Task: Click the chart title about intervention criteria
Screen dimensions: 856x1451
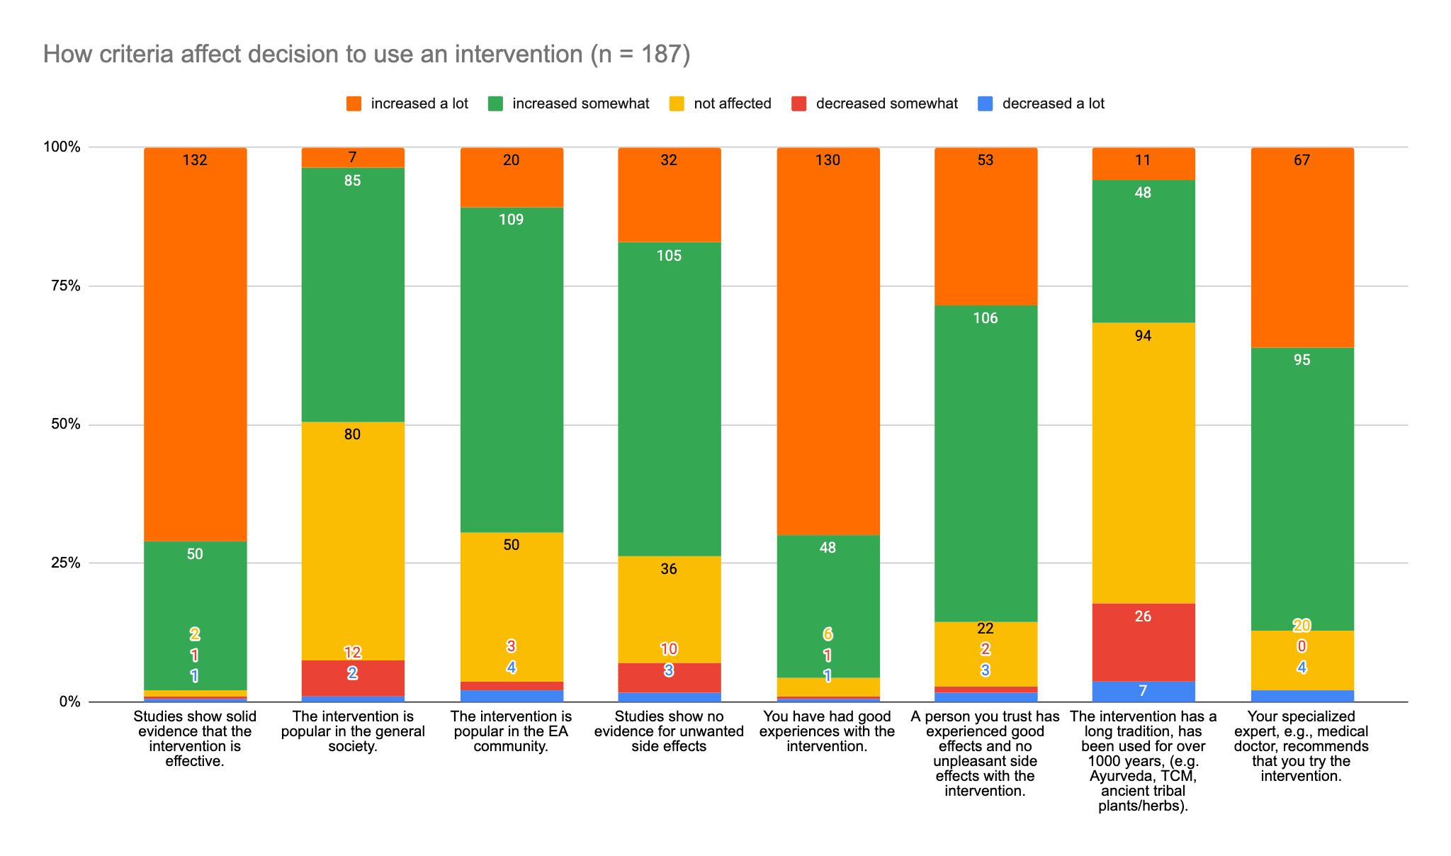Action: point(366,54)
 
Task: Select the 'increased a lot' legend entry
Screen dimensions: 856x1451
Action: point(407,103)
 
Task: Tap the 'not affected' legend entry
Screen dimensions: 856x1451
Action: point(721,103)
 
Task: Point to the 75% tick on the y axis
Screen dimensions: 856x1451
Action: point(64,286)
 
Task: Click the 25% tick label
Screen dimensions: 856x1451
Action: point(64,563)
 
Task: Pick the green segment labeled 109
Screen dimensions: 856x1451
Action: point(512,368)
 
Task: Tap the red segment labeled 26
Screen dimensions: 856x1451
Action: point(1143,641)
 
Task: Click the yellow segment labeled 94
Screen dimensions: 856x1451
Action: point(1143,461)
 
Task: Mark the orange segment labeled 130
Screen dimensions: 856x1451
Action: point(828,340)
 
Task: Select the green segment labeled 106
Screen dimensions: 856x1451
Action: point(986,461)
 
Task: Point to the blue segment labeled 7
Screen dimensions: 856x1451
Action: point(1143,691)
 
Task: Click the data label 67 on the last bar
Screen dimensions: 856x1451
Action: point(1302,160)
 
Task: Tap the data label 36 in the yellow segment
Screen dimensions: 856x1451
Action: point(669,569)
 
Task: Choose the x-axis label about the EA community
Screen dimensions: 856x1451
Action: point(512,731)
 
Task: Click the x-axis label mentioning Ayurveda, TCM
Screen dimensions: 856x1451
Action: point(1143,761)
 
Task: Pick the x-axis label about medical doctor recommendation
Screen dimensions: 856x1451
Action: point(1302,746)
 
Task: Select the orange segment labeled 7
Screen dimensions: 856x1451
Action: point(353,157)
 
